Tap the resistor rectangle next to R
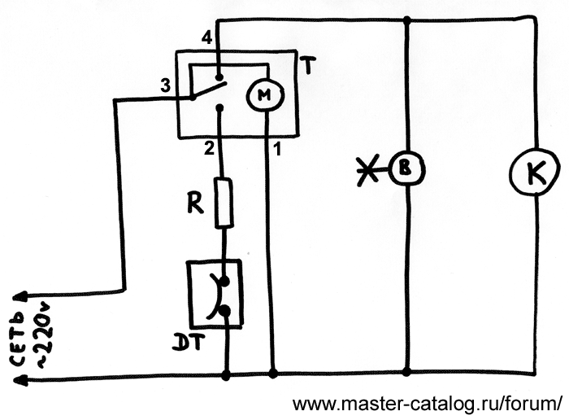(224, 203)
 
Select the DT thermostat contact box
(216, 293)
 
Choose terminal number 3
(166, 85)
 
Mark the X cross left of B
(370, 170)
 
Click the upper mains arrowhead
(24, 297)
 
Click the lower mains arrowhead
(24, 378)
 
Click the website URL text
(428, 404)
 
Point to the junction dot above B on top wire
(406, 19)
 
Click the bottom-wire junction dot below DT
(224, 375)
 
